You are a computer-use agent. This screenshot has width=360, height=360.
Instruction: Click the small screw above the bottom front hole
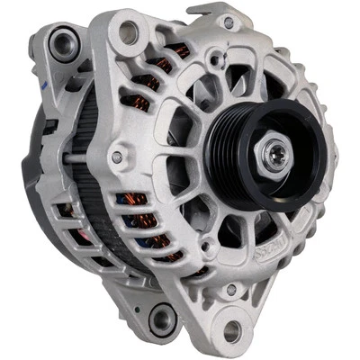(x=231, y=289)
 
